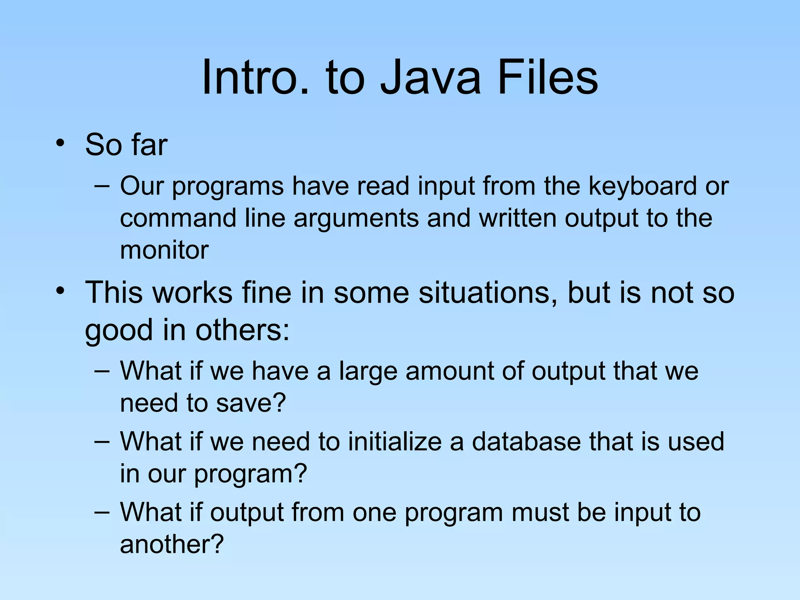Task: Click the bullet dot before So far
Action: (59, 143)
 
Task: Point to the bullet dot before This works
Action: (59, 291)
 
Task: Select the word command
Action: (178, 218)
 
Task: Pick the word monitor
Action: (164, 250)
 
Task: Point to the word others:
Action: (242, 330)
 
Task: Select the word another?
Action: (172, 544)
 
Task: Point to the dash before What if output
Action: (102, 512)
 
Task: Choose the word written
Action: (518, 218)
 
